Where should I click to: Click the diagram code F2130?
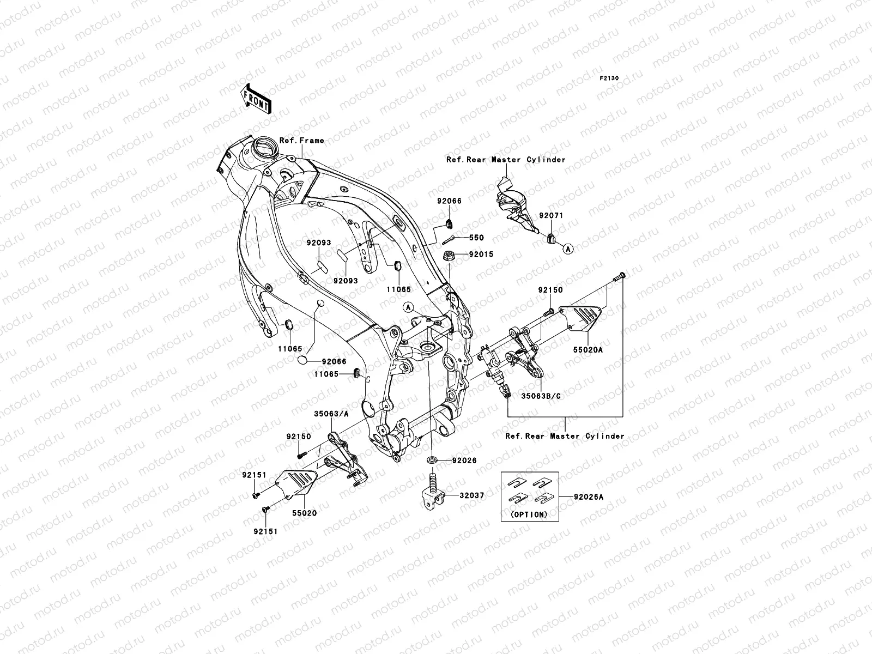click(x=609, y=78)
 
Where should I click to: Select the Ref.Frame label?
click(x=301, y=141)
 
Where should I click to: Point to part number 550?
click(x=477, y=238)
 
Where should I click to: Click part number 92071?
click(x=551, y=215)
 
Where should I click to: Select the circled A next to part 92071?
click(x=567, y=249)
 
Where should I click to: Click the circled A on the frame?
click(x=407, y=307)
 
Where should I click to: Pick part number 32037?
click(x=472, y=495)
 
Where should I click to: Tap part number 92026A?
click(x=589, y=496)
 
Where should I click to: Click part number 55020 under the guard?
click(x=304, y=513)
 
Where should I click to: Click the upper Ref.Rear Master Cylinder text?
click(x=506, y=160)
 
